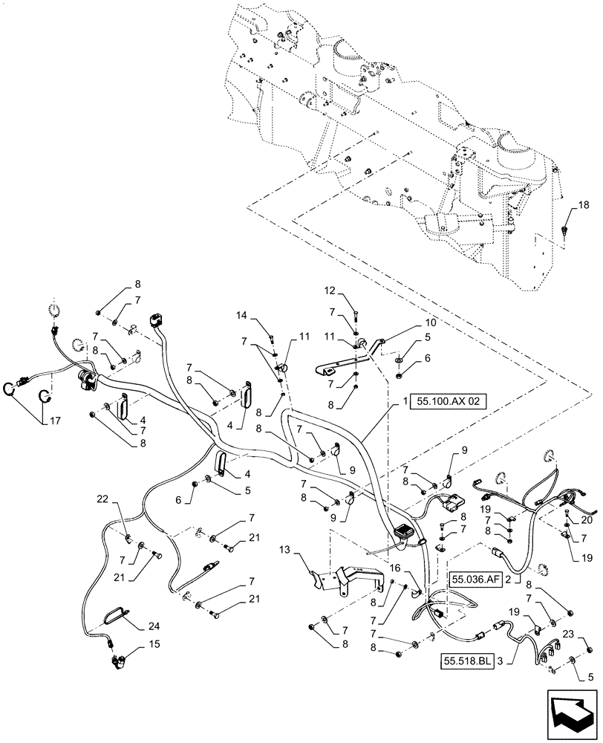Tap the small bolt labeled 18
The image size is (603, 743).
pos(566,231)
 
